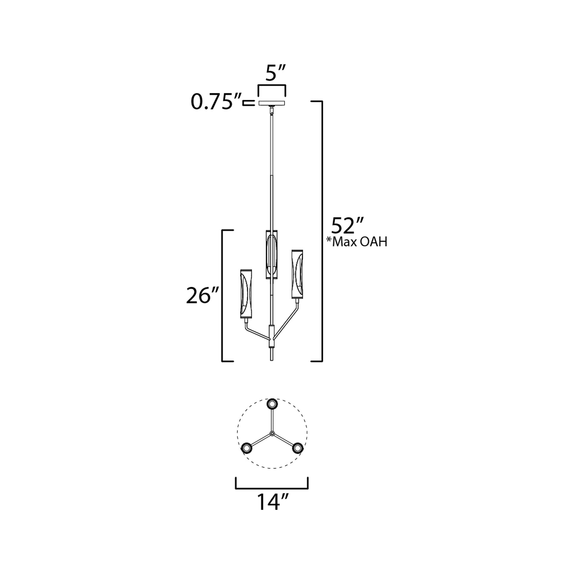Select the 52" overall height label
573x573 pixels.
point(347,226)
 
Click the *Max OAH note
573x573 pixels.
point(357,242)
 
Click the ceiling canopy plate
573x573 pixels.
point(272,103)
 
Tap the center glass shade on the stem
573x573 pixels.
point(272,254)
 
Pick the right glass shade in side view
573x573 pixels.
point(297,274)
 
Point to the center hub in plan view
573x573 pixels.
point(272,434)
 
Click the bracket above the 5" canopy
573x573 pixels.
point(272,86)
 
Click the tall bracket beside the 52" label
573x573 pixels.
point(322,231)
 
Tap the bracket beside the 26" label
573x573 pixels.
point(223,296)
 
